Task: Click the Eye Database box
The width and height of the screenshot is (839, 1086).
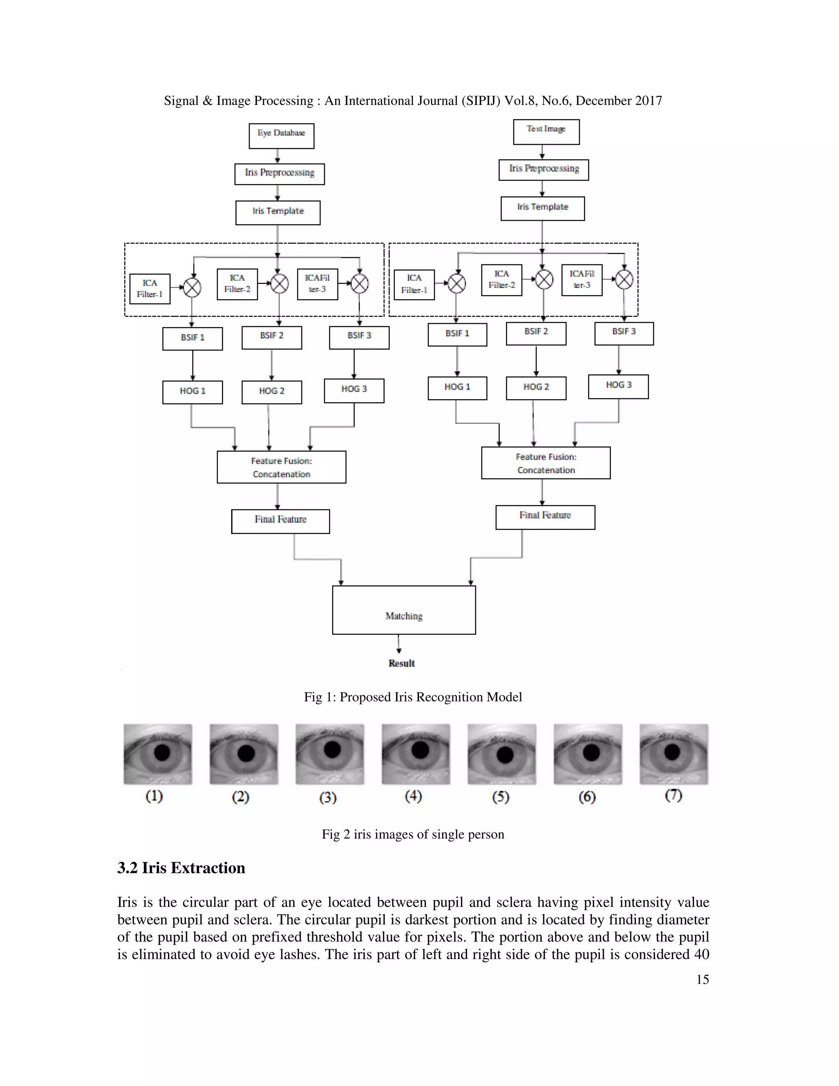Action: pyautogui.click(x=281, y=136)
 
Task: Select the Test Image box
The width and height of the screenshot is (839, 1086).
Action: pyautogui.click(x=546, y=132)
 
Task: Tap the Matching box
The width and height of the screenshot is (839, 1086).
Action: pyautogui.click(x=404, y=610)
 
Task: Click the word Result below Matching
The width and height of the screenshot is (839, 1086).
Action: pyautogui.click(x=401, y=663)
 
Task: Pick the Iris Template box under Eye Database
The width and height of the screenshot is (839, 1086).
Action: pyautogui.click(x=278, y=212)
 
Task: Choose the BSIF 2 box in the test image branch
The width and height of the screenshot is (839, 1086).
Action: pyautogui.click(x=536, y=333)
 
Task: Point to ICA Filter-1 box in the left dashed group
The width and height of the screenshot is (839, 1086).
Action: pyautogui.click(x=150, y=289)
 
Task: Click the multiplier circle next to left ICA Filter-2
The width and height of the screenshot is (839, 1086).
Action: pyautogui.click(x=280, y=284)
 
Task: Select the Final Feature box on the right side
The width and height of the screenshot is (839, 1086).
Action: pyautogui.click(x=545, y=517)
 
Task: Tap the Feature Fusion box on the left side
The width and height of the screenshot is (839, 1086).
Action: pyautogui.click(x=281, y=467)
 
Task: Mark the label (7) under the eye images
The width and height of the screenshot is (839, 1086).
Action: pyautogui.click(x=673, y=795)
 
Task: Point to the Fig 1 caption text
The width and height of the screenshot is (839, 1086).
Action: pyautogui.click(x=413, y=697)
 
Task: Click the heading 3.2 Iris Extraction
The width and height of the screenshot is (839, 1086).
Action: pyautogui.click(x=181, y=868)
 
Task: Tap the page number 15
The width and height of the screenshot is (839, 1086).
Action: pyautogui.click(x=702, y=979)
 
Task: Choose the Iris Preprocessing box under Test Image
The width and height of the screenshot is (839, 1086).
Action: pyautogui.click(x=543, y=170)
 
